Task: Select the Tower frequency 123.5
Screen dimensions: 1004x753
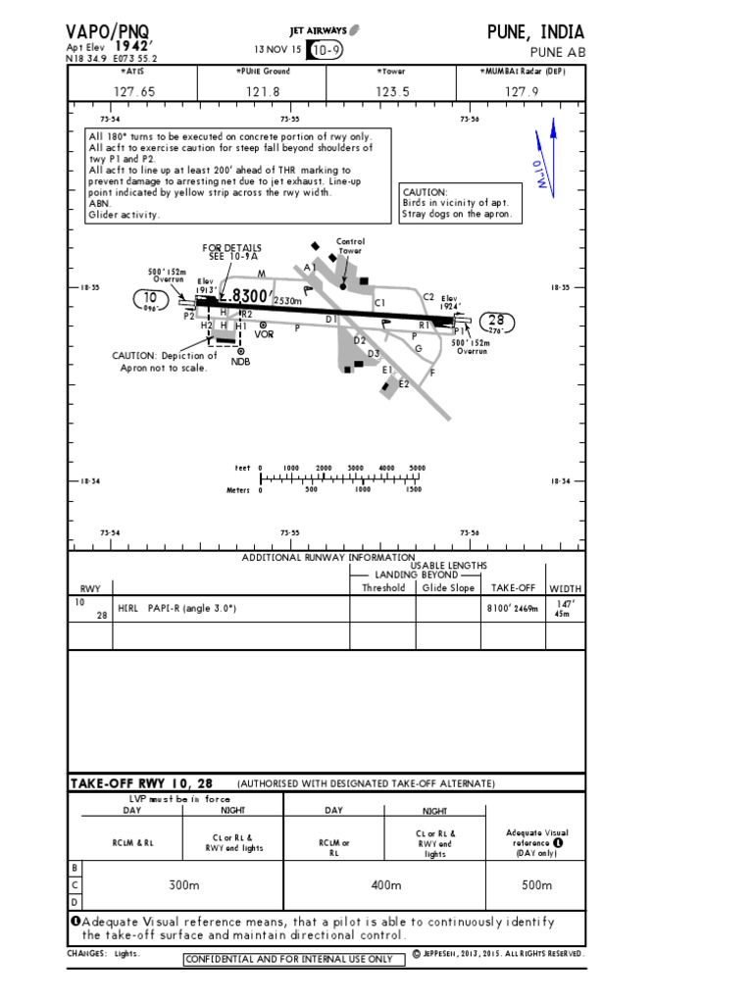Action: [x=391, y=91]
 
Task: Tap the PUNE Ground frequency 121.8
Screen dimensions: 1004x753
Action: [x=264, y=91]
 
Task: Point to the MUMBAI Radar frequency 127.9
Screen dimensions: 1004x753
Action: [x=522, y=91]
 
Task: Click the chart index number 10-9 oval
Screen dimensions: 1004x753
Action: [x=326, y=49]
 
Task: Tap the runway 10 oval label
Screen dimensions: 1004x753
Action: [x=150, y=298]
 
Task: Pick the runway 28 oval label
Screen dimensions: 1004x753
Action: [x=495, y=321]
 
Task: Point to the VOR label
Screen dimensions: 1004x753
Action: [x=264, y=334]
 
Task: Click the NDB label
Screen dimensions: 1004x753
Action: [x=240, y=361]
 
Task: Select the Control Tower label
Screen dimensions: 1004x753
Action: [x=350, y=245]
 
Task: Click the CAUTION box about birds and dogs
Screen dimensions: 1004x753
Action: [x=457, y=203]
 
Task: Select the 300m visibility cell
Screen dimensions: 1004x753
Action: [x=183, y=885]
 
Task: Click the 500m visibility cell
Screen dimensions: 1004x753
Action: [x=536, y=885]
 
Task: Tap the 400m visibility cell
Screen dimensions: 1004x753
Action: [x=386, y=885]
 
